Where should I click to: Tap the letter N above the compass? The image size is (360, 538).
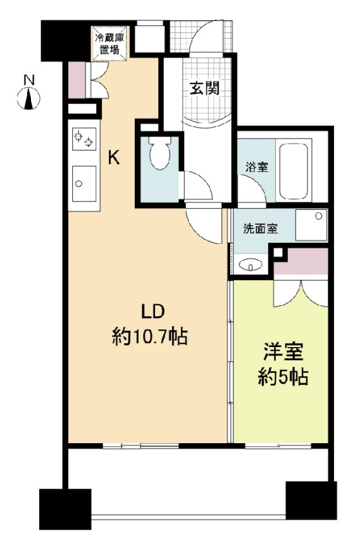[x=28, y=80]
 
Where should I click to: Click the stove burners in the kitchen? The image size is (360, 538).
[x=84, y=138]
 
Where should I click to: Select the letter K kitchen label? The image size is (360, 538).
[x=114, y=158]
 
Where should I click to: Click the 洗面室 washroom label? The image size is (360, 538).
[x=260, y=229]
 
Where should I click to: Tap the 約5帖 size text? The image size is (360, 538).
[x=283, y=378]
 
